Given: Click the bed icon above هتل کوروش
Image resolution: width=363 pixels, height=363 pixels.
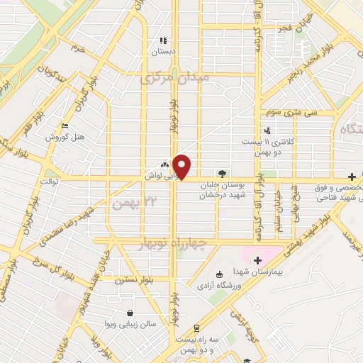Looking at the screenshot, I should (x=65, y=125).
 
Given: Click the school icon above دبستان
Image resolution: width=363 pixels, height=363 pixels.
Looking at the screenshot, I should (x=162, y=40).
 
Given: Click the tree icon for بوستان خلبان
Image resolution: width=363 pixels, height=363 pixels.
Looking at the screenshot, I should (x=223, y=172).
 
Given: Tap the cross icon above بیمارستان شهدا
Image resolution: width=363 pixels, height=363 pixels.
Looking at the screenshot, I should (x=258, y=260).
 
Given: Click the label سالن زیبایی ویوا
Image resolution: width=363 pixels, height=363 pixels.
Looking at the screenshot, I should (x=130, y=324).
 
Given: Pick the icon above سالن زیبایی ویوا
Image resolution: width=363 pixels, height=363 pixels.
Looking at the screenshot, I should (x=130, y=313).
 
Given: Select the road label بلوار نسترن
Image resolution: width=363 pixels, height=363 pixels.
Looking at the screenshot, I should (x=133, y=279).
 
